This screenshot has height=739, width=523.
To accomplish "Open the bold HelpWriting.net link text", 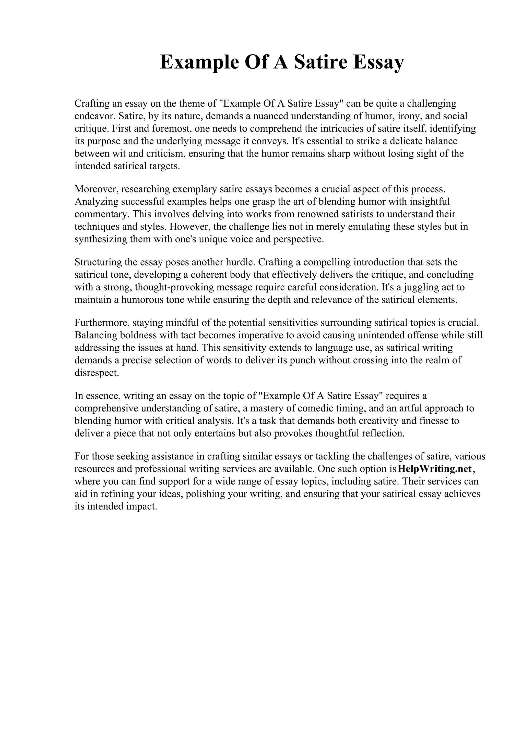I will pos(435,469).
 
